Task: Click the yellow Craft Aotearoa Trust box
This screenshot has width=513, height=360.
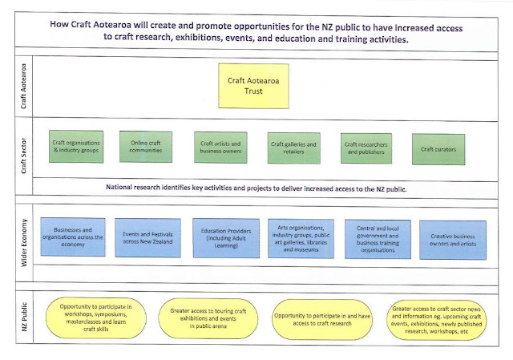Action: coord(253,86)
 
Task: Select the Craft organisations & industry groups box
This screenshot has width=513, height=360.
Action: coord(76,147)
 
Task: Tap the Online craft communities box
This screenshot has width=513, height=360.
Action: coord(146,147)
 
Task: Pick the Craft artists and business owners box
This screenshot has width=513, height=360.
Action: coord(220,148)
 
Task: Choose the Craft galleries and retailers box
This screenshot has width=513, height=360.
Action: coord(294,148)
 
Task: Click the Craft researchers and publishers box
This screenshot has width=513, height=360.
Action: coord(366,148)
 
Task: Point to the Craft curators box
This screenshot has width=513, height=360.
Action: coord(438,149)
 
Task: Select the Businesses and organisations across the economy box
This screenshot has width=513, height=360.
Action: coord(73,237)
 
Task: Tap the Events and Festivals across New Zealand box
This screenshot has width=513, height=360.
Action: coord(147,238)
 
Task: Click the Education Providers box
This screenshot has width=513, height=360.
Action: coord(226,238)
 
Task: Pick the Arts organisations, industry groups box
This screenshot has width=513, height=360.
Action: coord(301,239)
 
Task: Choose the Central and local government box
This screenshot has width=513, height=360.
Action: coord(378,239)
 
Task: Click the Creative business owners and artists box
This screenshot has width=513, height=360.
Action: coord(453,240)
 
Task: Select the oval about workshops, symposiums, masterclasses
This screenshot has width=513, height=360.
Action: coord(96,318)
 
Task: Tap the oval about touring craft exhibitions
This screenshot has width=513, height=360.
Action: coord(208,318)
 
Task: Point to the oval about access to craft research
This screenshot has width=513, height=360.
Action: coord(322,320)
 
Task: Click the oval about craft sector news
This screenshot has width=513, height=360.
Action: coord(436,320)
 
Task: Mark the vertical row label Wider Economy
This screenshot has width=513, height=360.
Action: coord(24,242)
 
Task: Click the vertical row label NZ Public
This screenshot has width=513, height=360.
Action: coord(24,317)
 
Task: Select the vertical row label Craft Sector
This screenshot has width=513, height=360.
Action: coord(23,156)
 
